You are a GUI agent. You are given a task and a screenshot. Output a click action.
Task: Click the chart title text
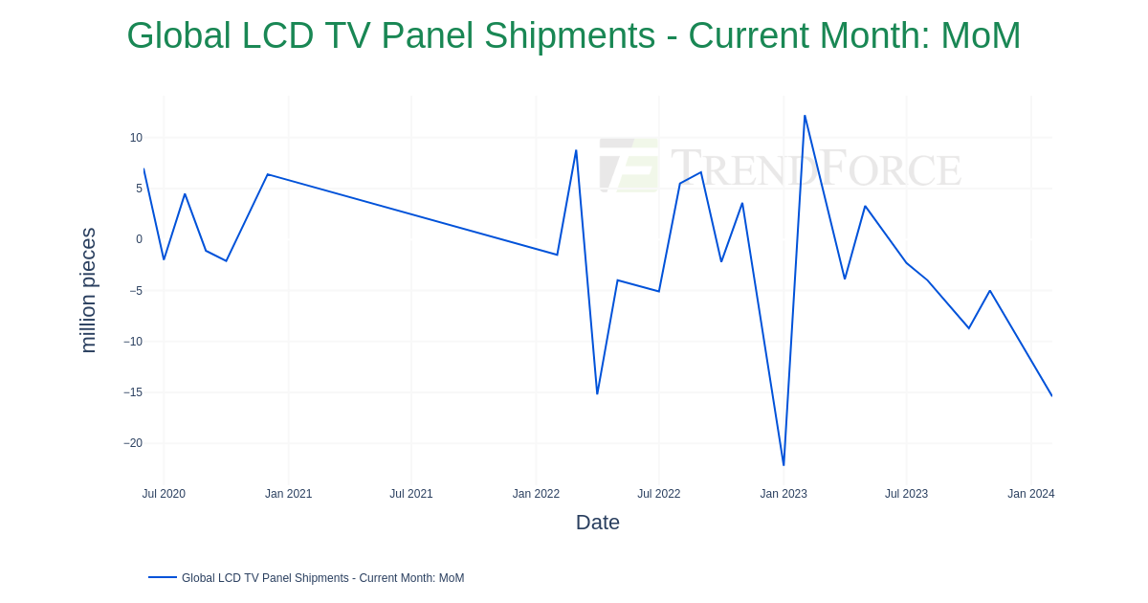[x=573, y=36]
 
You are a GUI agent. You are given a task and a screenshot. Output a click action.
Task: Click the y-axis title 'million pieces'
[x=88, y=290]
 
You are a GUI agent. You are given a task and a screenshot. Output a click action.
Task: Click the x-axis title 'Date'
[x=597, y=523]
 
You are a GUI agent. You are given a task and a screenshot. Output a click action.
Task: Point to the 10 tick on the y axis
[x=136, y=138]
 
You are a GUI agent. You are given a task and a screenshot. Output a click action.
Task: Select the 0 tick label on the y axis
[x=139, y=239]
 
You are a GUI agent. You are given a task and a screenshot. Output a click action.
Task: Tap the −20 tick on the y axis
[x=133, y=443]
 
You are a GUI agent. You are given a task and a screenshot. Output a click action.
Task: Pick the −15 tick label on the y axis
[x=133, y=392]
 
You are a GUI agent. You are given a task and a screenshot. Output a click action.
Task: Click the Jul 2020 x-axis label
[x=164, y=494]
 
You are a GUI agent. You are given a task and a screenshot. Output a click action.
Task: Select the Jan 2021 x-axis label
[x=288, y=494]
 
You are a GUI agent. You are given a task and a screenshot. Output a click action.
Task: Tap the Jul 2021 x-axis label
[x=411, y=494]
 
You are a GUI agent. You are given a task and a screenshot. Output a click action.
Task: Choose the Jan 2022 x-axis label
[x=536, y=494]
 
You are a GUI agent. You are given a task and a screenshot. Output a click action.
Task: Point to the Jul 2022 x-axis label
[x=659, y=494]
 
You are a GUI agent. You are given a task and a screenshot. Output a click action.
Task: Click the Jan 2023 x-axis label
[x=784, y=494]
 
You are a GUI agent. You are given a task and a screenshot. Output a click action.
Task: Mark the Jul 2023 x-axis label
[x=906, y=494]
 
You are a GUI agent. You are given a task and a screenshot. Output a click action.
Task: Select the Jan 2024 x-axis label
[x=1030, y=494]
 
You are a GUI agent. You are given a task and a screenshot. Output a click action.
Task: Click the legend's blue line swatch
[x=163, y=577]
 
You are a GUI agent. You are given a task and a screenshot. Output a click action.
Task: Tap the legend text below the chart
[x=322, y=578]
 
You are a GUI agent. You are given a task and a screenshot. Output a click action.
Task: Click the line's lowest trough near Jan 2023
[x=784, y=465]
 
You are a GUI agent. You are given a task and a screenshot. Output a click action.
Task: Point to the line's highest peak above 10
[x=805, y=116]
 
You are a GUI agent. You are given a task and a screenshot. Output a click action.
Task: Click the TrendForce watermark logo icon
[x=629, y=165]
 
